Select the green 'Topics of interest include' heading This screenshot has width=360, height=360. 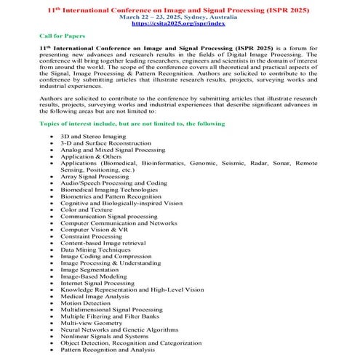click(132, 124)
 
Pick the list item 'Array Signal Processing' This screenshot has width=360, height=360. click(95, 176)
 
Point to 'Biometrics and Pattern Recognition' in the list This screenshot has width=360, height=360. click(111, 196)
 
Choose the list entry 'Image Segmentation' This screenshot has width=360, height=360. click(89, 269)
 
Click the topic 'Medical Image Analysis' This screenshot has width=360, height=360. click(95, 296)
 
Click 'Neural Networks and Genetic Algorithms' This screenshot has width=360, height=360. click(119, 329)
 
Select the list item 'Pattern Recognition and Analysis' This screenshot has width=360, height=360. click(108, 349)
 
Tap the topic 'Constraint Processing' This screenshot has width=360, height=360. click(91, 236)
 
